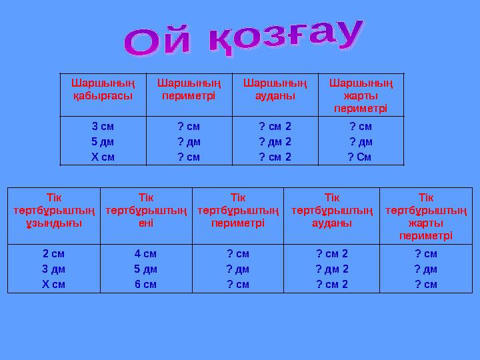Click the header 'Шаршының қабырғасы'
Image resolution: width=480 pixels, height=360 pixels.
click(x=103, y=89)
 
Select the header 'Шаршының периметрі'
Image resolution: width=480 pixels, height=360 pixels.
click(x=189, y=89)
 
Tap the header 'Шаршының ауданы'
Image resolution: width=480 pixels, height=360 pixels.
click(x=275, y=89)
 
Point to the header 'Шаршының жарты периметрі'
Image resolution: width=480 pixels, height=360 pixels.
click(x=361, y=95)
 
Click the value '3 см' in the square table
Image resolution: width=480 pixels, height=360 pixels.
click(x=103, y=125)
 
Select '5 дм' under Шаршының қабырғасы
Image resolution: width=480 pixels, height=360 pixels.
click(x=103, y=141)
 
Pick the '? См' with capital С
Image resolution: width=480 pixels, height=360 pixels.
click(x=360, y=157)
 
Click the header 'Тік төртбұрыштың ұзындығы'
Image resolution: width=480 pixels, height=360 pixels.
click(x=54, y=211)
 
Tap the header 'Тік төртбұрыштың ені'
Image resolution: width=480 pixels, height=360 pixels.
click(x=146, y=211)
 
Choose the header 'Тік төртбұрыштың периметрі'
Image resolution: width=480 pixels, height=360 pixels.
click(x=238, y=211)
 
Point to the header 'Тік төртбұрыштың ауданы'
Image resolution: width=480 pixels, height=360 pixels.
click(x=331, y=211)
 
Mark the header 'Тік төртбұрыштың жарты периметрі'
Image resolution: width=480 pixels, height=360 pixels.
click(x=426, y=217)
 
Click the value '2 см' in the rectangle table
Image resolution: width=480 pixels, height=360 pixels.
click(x=54, y=253)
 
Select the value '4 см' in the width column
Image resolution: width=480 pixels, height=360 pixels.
click(x=146, y=253)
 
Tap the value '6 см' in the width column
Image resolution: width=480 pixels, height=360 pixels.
click(x=146, y=284)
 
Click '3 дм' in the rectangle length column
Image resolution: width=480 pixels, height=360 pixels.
click(x=54, y=269)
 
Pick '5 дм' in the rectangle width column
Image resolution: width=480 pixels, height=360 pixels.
click(x=146, y=269)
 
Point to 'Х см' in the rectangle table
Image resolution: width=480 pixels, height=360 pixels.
click(x=54, y=284)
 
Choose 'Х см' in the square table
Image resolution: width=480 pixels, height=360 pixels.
click(x=103, y=157)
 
